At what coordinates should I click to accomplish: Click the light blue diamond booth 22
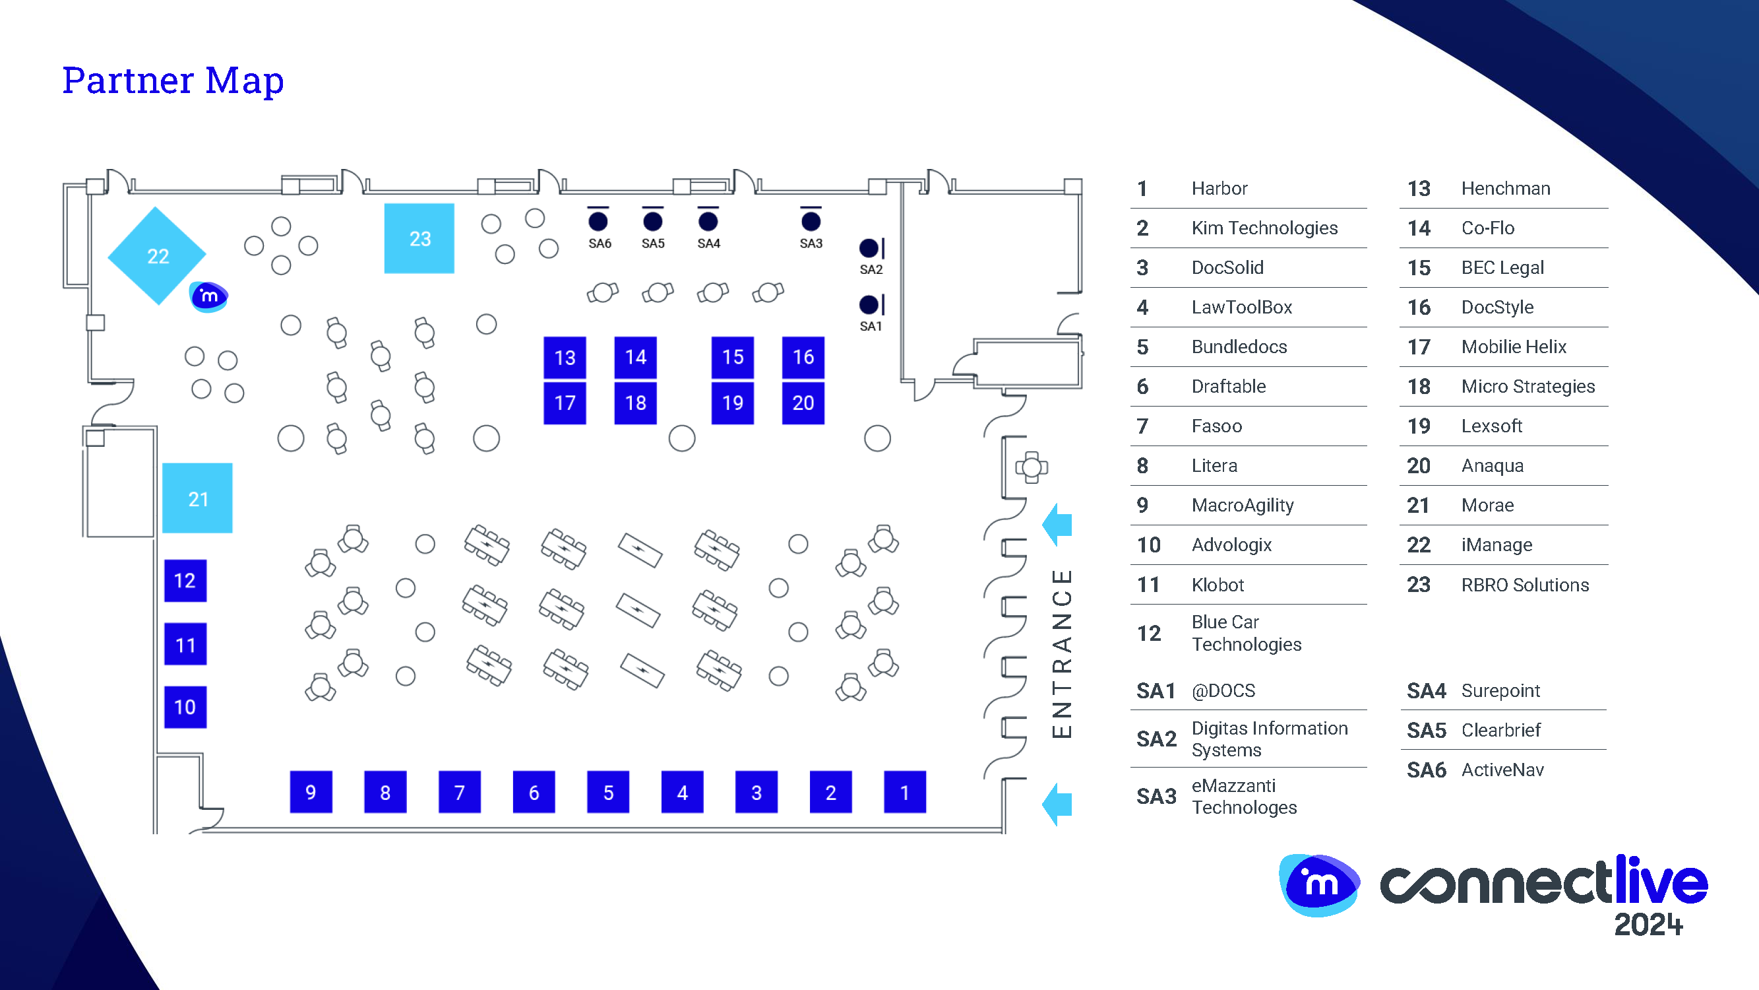[157, 255]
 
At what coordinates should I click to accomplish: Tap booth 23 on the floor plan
[419, 238]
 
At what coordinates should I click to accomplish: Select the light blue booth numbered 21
[197, 498]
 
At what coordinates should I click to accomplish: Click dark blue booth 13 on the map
[565, 357]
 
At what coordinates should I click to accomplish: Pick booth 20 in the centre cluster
[803, 403]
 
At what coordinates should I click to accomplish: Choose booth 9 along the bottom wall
[311, 792]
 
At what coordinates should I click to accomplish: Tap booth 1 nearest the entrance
[905, 792]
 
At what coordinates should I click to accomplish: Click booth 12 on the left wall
[185, 581]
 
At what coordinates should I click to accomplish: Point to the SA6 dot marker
[598, 221]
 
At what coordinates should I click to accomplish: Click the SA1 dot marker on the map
[869, 305]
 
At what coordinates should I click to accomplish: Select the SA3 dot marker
[811, 221]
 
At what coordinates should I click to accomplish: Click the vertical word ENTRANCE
[1062, 654]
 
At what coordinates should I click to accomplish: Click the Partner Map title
[173, 81]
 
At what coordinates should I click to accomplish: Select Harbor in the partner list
[1219, 189]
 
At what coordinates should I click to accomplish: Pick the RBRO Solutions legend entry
[1525, 585]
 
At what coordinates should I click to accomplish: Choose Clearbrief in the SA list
[1501, 731]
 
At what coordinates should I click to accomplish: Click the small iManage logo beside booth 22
[209, 296]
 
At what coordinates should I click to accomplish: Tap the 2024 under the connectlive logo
[1648, 925]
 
